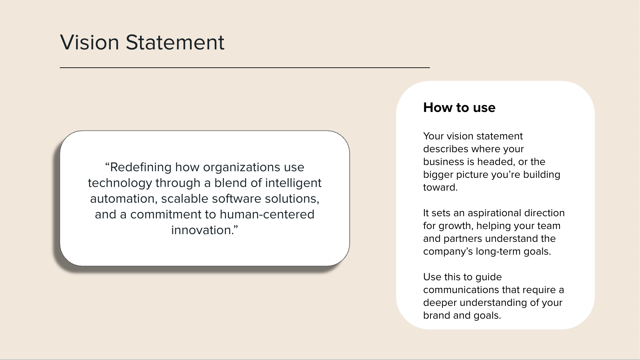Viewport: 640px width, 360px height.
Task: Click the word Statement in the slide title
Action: coord(175,42)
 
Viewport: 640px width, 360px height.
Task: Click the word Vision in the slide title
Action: coord(90,42)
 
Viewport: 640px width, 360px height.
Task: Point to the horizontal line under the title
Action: coord(245,68)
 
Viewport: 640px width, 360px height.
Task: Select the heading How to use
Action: coord(459,108)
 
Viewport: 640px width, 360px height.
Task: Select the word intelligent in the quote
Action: coord(293,183)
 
